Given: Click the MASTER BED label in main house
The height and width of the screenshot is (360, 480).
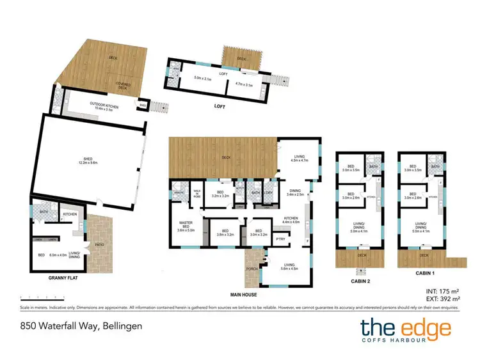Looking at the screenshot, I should (x=186, y=224).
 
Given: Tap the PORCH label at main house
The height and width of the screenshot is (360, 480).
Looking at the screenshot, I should (x=252, y=269).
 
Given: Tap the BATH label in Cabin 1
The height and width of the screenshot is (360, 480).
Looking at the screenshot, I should (x=435, y=167).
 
